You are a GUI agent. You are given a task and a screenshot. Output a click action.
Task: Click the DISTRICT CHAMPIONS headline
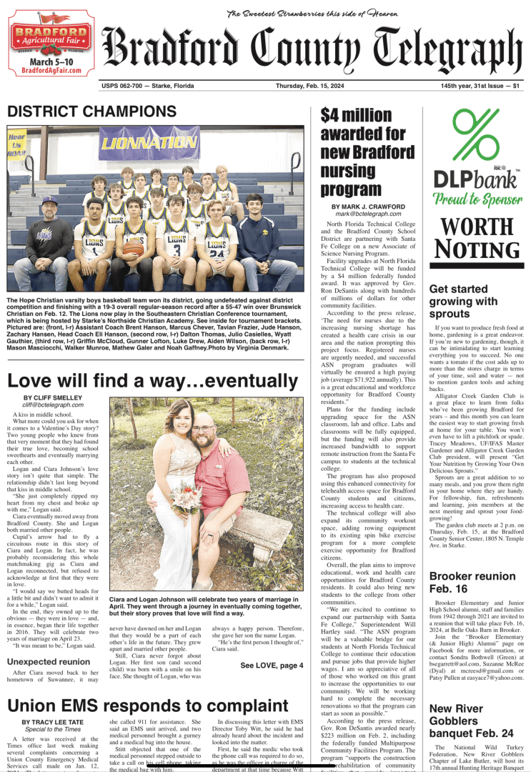point(91,112)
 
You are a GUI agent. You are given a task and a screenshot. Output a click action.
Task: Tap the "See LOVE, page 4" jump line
point(272,665)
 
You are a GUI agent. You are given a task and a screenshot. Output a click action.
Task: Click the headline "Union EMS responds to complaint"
point(143,706)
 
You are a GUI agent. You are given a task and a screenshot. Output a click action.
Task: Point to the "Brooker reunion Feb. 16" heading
point(472,582)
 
